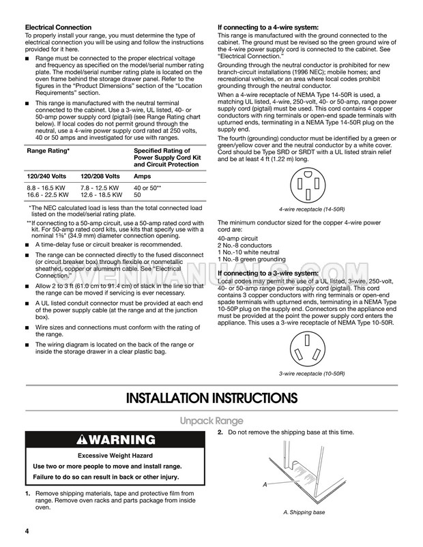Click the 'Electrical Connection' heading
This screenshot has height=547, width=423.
pyautogui.click(x=58, y=27)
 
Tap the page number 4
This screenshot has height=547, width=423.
pyautogui.click(x=27, y=531)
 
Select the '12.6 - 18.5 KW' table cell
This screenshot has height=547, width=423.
pyautogui.click(x=101, y=195)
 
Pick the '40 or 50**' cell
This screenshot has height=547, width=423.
pyautogui.click(x=147, y=188)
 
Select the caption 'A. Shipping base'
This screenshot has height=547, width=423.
pyautogui.click(x=304, y=512)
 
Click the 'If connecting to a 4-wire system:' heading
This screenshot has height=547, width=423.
pyautogui.click(x=268, y=27)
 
